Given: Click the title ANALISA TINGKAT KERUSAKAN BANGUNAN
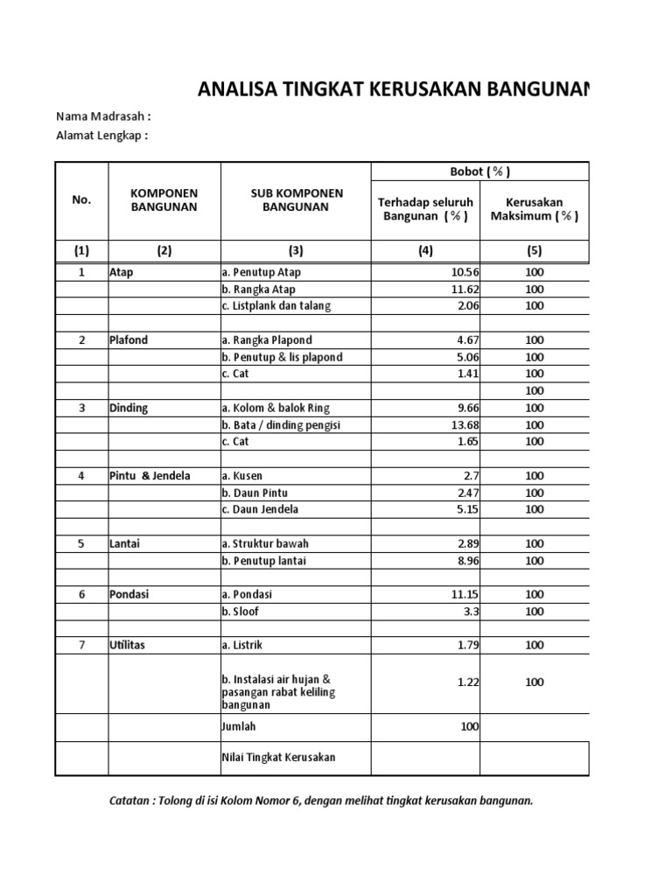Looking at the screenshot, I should click(394, 88).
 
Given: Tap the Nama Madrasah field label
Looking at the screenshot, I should click(103, 117).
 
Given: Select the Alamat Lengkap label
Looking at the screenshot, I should click(102, 136).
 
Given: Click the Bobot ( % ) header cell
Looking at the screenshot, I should click(479, 171).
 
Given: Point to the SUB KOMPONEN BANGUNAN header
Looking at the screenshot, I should click(296, 200).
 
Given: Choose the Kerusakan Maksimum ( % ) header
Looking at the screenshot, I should click(534, 209).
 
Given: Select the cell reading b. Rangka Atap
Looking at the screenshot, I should click(258, 289).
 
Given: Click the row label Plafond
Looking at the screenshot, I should click(128, 340).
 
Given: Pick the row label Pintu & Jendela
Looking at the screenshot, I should click(150, 476).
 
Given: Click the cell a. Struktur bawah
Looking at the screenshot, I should click(265, 543).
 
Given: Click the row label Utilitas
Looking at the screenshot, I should click(128, 645).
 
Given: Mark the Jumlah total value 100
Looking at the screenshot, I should click(469, 726).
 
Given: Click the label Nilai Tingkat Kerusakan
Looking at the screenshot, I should click(278, 758).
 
